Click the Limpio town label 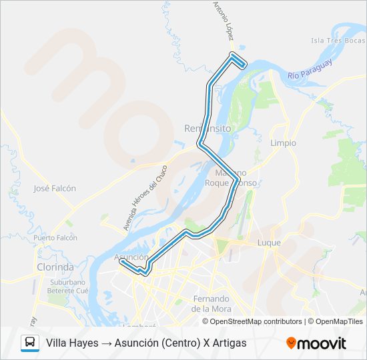[283, 143]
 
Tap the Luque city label [269, 243]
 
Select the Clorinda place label [55, 267]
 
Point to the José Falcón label [55, 189]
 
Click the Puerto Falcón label [55, 238]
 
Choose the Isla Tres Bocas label [338, 41]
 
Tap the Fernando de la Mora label [211, 303]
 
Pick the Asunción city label [131, 257]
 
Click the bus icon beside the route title [30, 343]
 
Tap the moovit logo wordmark [322, 343]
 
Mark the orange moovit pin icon [291, 343]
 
